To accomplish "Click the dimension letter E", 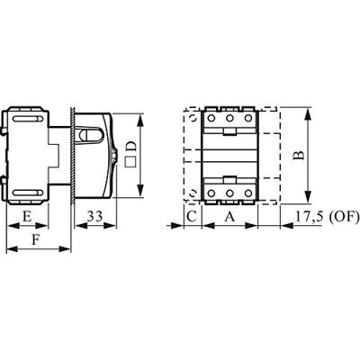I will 28,217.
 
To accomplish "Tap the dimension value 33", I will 94,217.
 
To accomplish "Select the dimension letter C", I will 191,217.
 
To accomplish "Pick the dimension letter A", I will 229,217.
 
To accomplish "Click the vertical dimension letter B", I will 301,155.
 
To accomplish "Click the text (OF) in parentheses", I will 345,217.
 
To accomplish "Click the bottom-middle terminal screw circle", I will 229,194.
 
